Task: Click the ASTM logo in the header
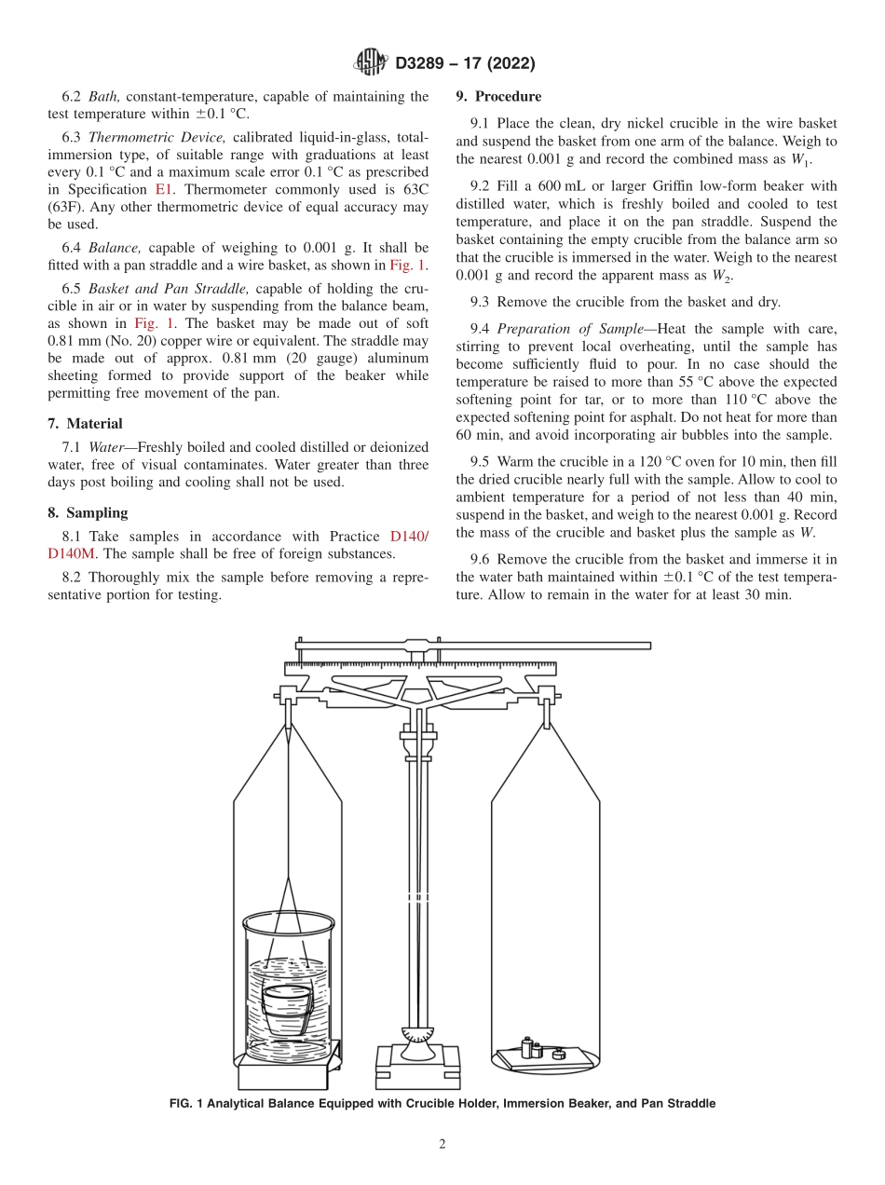(x=371, y=63)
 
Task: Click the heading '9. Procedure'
(x=498, y=97)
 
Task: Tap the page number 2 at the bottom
(x=442, y=1145)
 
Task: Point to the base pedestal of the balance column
(x=418, y=1062)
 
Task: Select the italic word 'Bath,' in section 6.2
(x=104, y=97)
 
